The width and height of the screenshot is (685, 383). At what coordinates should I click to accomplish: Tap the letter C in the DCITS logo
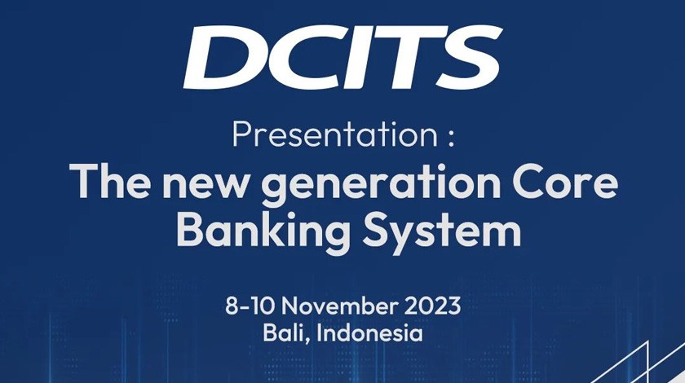[305, 57]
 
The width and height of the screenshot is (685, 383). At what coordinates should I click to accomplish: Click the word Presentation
[335, 135]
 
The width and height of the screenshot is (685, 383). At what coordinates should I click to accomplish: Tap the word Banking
[263, 231]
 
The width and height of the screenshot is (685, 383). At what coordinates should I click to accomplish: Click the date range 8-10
[250, 306]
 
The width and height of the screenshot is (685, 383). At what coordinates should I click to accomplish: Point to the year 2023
[432, 306]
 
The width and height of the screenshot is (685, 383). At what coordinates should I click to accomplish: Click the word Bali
[285, 333]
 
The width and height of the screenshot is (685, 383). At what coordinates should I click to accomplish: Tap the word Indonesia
[369, 333]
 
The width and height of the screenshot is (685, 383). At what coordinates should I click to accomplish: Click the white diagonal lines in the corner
[638, 363]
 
